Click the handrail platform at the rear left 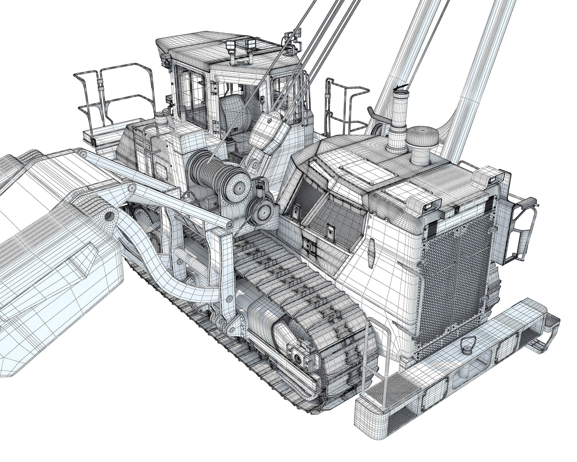click(115, 95)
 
